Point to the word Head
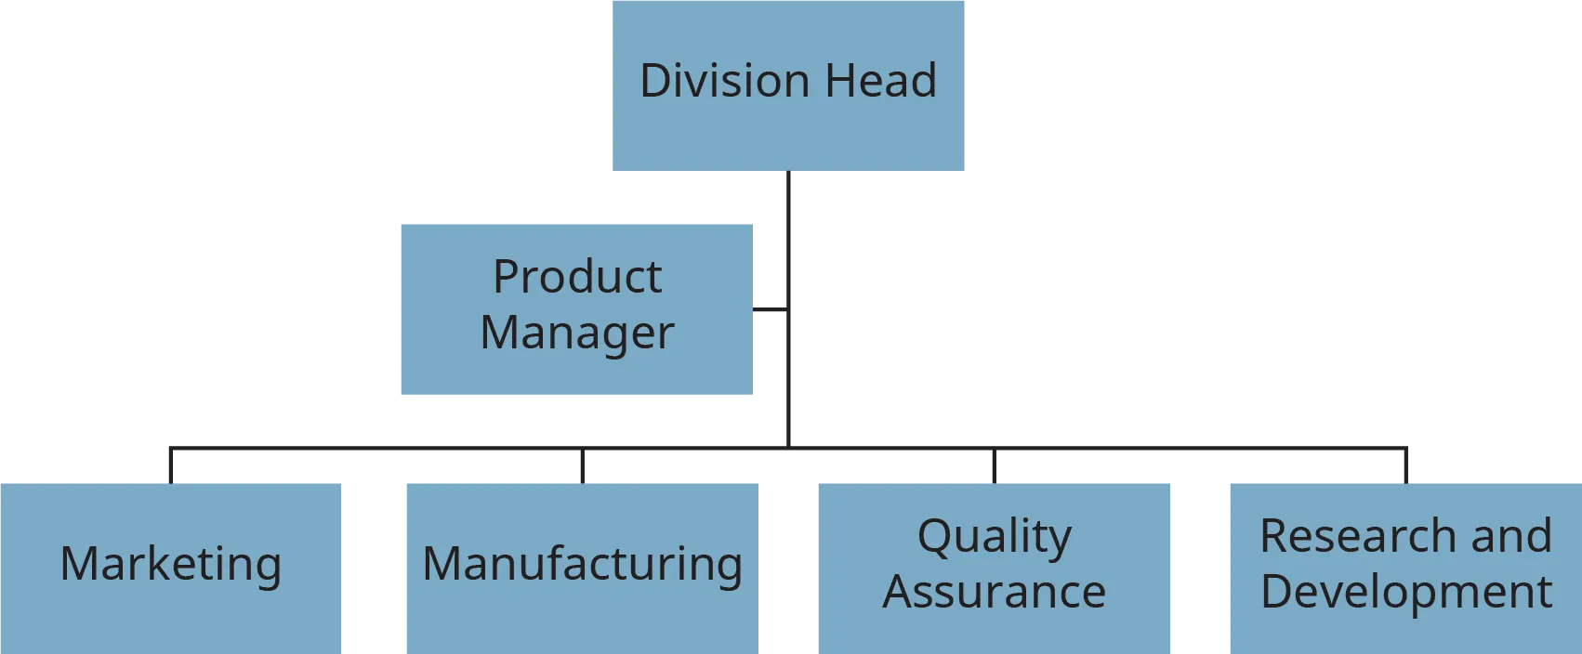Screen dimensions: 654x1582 coord(880,81)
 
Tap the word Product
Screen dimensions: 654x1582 coord(577,277)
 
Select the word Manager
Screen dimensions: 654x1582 coord(577,333)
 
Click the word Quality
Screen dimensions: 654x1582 coord(995,536)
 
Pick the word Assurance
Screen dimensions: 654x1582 coord(995,592)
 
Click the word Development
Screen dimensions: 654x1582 coord(1405,592)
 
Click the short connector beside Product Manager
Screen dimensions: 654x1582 coord(768,308)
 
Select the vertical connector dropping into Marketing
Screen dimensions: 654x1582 coord(171,466)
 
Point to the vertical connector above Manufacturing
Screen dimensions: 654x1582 coord(583,467)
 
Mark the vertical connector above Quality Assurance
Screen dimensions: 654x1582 coord(993,467)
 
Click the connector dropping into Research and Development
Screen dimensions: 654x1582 coord(1404,466)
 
